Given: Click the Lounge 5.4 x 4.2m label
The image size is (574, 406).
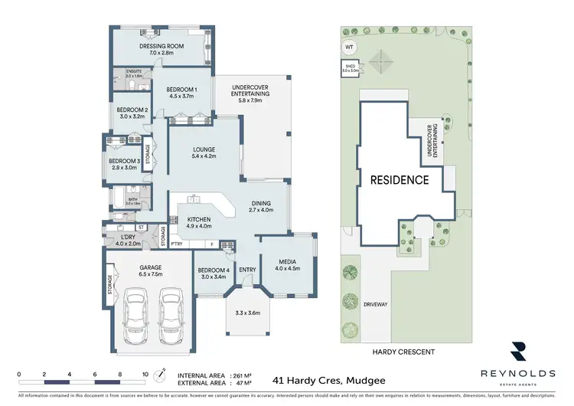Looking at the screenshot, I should click(204, 152).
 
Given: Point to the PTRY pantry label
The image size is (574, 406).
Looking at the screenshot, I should click(176, 244).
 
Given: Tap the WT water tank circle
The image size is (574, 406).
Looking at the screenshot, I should click(350, 47).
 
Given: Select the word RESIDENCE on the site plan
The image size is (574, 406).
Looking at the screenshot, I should click(400, 181).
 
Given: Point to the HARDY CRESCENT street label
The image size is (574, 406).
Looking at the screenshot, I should click(403, 352).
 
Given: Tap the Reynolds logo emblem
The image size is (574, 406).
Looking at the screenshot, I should click(517, 351).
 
